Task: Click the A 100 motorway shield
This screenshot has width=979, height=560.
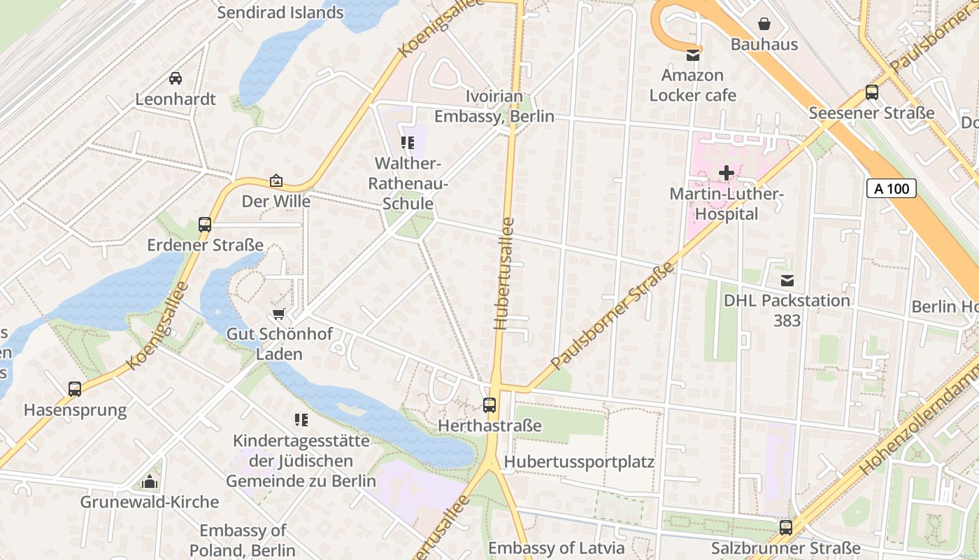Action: [x=892, y=188]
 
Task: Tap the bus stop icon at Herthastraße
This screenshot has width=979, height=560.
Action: [x=489, y=405]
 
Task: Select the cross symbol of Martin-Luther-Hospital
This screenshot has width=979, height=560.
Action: [x=727, y=172]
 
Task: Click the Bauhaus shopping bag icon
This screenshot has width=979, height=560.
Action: [x=764, y=24]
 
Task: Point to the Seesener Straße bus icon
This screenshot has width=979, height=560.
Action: [x=871, y=92]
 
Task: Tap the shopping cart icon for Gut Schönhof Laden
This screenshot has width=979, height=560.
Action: [x=279, y=314]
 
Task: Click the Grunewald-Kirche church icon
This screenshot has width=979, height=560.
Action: [x=149, y=482]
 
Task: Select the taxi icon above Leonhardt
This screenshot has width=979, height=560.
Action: [x=176, y=78]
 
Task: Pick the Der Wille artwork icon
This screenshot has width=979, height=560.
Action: [x=276, y=181]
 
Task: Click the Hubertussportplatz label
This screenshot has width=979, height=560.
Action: [x=579, y=462]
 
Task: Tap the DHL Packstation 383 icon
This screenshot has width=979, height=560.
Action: [x=787, y=281]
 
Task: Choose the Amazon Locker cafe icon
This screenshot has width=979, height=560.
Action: [x=693, y=55]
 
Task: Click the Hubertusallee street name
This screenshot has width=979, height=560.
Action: [x=505, y=274]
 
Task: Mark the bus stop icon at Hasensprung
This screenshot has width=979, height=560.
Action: [x=75, y=388]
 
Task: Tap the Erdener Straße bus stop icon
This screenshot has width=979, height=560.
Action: [x=205, y=225]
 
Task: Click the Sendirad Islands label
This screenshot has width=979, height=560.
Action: [x=280, y=13]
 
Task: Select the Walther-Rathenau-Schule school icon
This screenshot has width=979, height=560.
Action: [x=408, y=143]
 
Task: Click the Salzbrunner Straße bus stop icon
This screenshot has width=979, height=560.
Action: [x=786, y=527]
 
